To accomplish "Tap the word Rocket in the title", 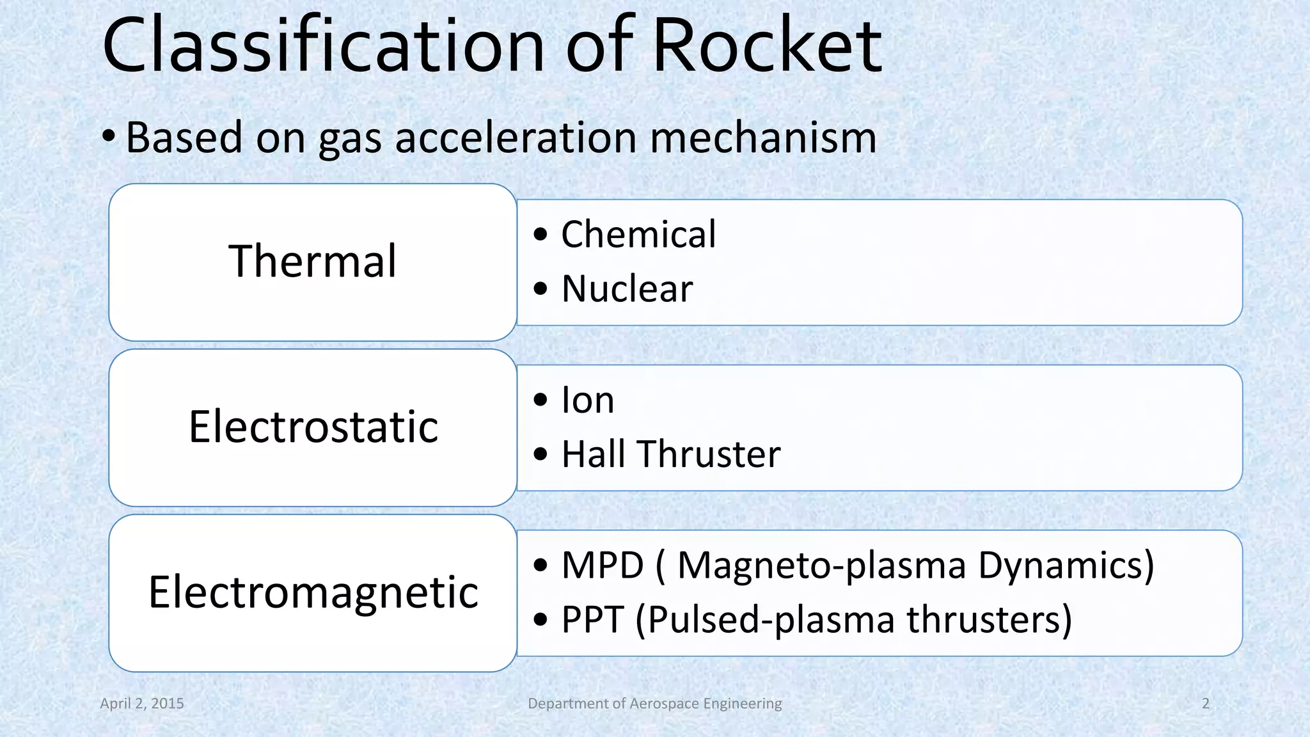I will [x=767, y=46].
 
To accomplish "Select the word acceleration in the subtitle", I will [x=516, y=138].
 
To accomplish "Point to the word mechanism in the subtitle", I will [x=763, y=138].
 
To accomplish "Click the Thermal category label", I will [x=313, y=261].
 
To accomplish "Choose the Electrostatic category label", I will [x=313, y=427].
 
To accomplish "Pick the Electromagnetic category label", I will [x=313, y=592].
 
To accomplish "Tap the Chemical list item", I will [x=638, y=234].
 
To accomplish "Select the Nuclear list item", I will [x=627, y=289].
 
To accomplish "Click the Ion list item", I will [x=587, y=400].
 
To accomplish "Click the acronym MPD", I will [x=602, y=566].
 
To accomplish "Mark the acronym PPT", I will [x=592, y=620].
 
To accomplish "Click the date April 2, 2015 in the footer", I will [x=142, y=704].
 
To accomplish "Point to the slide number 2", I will [x=1206, y=704].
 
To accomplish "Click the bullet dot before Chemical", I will [x=541, y=235].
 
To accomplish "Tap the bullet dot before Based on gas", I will [x=109, y=137].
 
